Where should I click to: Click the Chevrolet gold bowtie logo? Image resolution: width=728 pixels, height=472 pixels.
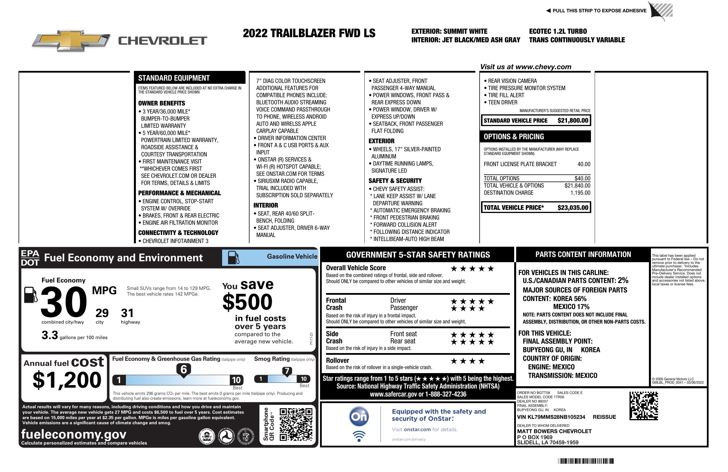click(71, 41)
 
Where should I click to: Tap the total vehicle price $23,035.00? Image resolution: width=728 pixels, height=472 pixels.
click(573, 208)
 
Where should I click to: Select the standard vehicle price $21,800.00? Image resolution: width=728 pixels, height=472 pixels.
click(573, 121)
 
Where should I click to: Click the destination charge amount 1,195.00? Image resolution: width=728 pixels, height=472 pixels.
click(580, 193)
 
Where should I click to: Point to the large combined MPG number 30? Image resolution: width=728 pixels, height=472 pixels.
click(64, 302)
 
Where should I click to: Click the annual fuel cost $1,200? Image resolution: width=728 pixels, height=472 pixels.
click(67, 380)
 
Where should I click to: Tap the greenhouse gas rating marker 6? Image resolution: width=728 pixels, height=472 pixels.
click(184, 369)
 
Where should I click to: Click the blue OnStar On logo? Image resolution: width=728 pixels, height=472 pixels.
click(359, 417)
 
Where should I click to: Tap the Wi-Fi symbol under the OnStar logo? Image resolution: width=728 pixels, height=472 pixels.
click(359, 436)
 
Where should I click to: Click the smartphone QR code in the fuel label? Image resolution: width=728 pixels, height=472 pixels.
click(296, 424)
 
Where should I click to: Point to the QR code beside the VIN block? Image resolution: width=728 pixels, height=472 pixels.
click(643, 406)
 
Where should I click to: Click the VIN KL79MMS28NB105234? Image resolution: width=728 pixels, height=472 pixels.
click(551, 417)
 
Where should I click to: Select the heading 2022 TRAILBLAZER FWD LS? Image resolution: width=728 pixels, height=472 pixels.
click(309, 33)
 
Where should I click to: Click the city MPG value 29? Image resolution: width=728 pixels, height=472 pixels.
click(102, 313)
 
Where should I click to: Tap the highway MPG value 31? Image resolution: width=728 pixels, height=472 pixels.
click(127, 313)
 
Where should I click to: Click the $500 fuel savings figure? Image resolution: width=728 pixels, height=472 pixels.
click(247, 302)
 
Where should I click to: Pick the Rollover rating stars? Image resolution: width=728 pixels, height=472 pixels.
click(468, 361)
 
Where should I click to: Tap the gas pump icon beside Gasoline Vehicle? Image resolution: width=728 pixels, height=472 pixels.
click(234, 258)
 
